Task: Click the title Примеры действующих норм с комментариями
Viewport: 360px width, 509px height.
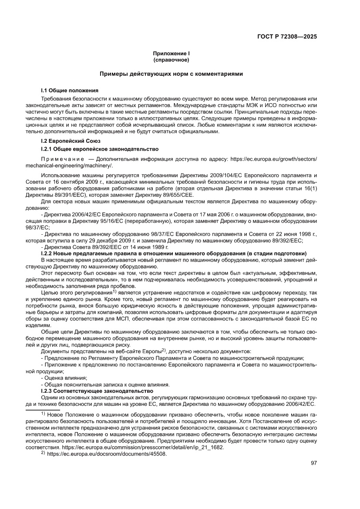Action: pyautogui.click(x=171, y=74)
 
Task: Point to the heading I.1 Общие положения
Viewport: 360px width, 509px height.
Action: pyautogui.click(x=69, y=91)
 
